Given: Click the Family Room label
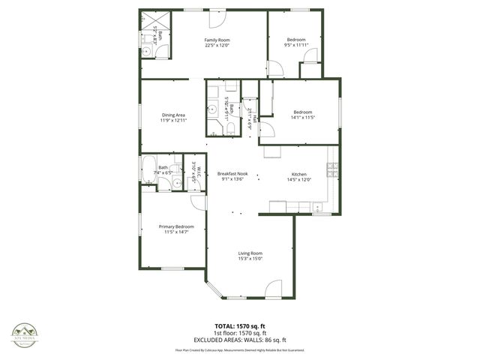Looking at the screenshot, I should pyautogui.click(x=217, y=40).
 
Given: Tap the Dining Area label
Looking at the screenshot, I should pyautogui.click(x=172, y=115).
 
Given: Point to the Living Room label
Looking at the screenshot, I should pyautogui.click(x=250, y=253).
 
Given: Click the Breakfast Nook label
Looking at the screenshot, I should pyautogui.click(x=231, y=174).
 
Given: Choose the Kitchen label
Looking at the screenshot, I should pyautogui.click(x=299, y=174).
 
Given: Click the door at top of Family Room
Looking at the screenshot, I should pyautogui.click(x=217, y=16).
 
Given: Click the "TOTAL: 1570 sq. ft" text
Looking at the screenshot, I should pyautogui.click(x=240, y=326).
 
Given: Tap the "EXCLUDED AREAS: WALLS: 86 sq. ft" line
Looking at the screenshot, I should pyautogui.click(x=240, y=340).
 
